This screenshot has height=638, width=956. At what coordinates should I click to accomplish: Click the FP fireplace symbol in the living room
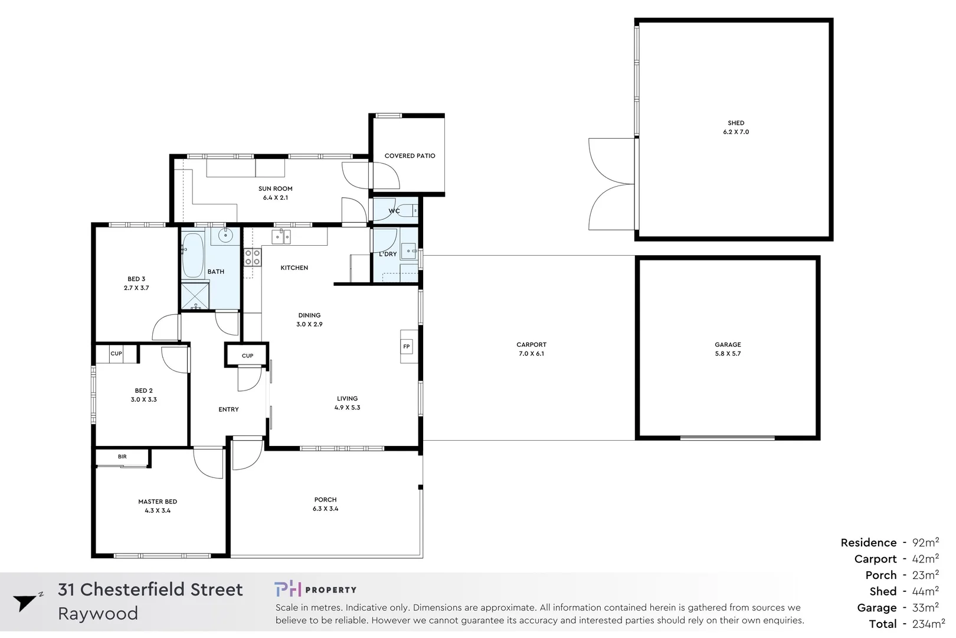[x=406, y=347]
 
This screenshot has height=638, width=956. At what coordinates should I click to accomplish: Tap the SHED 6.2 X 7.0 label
[x=736, y=128]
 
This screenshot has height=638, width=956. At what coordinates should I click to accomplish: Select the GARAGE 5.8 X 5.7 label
[x=728, y=349]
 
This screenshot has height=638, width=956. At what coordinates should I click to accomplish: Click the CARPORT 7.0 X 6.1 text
[x=531, y=349]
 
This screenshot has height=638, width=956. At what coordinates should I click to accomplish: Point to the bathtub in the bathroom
[x=192, y=255]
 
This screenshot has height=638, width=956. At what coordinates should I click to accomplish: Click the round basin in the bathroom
[x=225, y=236]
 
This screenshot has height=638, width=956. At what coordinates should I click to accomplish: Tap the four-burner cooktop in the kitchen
[x=253, y=258]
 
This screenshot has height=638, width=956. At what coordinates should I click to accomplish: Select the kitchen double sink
[x=281, y=237]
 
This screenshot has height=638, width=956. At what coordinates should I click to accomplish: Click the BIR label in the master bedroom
[x=122, y=457]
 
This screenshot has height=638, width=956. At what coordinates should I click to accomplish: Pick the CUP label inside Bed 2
[x=116, y=354]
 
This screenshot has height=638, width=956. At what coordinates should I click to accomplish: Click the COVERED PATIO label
[x=410, y=156]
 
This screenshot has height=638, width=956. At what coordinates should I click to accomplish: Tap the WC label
[x=394, y=211]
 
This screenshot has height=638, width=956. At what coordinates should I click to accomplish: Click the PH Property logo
[x=315, y=590]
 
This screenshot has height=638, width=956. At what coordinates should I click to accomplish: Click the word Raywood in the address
[x=98, y=614]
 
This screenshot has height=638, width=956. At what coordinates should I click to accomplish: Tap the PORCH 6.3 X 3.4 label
[x=325, y=504]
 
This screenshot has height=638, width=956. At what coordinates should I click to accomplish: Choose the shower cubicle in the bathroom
[x=195, y=297]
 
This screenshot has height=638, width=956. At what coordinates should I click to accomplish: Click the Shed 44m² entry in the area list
[x=903, y=591]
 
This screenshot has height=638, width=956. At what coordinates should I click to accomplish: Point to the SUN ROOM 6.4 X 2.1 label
[x=275, y=193]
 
